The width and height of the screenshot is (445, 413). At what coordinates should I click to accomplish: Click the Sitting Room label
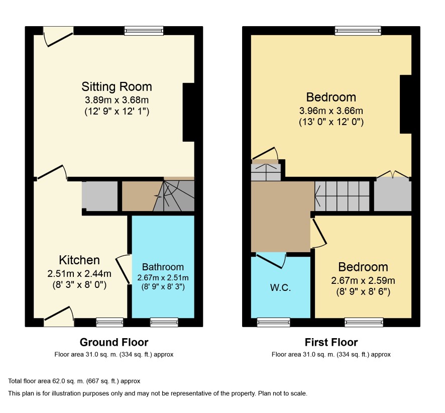pyautogui.click(x=117, y=86)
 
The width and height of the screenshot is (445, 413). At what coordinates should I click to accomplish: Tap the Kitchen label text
pyautogui.click(x=79, y=260)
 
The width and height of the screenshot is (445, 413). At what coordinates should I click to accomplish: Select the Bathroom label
pyautogui.click(x=163, y=267)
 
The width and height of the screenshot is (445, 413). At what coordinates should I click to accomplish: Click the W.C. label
pyautogui.click(x=280, y=287)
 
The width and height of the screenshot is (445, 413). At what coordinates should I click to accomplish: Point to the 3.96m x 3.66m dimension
pyautogui.click(x=331, y=111)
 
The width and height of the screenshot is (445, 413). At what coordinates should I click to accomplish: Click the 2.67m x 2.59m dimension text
pyautogui.click(x=363, y=280)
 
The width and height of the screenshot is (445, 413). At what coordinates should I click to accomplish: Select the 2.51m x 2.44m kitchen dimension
pyautogui.click(x=79, y=273)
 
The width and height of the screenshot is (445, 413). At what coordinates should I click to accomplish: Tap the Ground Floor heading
pyautogui.click(x=114, y=342)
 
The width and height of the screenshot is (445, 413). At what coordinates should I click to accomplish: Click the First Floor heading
pyautogui.click(x=331, y=342)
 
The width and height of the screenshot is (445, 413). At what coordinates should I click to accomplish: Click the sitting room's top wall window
pyautogui.click(x=144, y=31)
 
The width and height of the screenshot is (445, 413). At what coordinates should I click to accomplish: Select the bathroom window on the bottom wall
pyautogui.click(x=164, y=322)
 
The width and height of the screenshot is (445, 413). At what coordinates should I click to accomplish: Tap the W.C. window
pyautogui.click(x=274, y=322)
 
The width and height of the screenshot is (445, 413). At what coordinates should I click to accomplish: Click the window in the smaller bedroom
pyautogui.click(x=364, y=322)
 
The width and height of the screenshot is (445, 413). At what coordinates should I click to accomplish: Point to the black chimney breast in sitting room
pyautogui.click(x=188, y=112)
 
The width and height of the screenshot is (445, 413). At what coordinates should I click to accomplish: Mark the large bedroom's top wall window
pyautogui.click(x=358, y=31)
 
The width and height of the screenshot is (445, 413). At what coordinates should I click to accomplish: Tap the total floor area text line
pyautogui.click(x=74, y=381)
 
